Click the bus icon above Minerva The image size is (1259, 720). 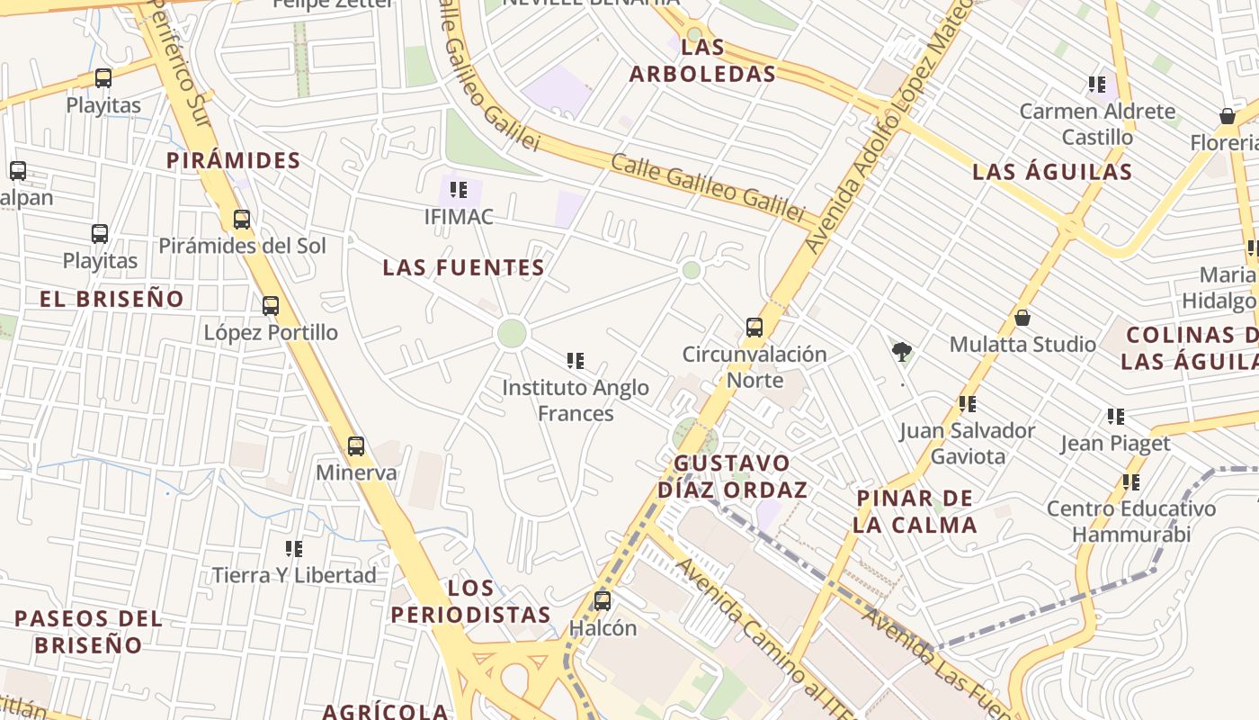(x=356, y=445)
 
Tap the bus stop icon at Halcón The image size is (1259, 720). (x=603, y=600)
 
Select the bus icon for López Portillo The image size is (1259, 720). (x=271, y=306)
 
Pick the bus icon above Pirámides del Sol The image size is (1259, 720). (x=241, y=219)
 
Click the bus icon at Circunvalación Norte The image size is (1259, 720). (x=755, y=327)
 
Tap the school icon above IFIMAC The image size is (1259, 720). (x=459, y=190)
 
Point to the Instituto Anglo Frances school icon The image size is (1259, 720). (x=576, y=361)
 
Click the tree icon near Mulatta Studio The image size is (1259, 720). (x=901, y=351)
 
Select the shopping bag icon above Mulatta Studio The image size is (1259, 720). (x=1022, y=318)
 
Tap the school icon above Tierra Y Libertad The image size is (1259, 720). (x=293, y=548)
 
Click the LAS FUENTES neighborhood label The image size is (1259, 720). (x=463, y=267)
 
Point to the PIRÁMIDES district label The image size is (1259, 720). (x=234, y=161)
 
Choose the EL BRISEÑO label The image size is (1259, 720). (x=112, y=299)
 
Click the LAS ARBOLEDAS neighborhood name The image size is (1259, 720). (x=702, y=60)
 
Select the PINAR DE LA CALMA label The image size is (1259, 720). (x=915, y=511)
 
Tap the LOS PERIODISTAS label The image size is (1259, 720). (x=471, y=602)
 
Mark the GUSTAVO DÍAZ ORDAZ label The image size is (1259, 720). (x=732, y=477)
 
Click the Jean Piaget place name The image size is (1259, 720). (x=1115, y=444)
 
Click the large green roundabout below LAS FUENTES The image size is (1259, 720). (x=512, y=333)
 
